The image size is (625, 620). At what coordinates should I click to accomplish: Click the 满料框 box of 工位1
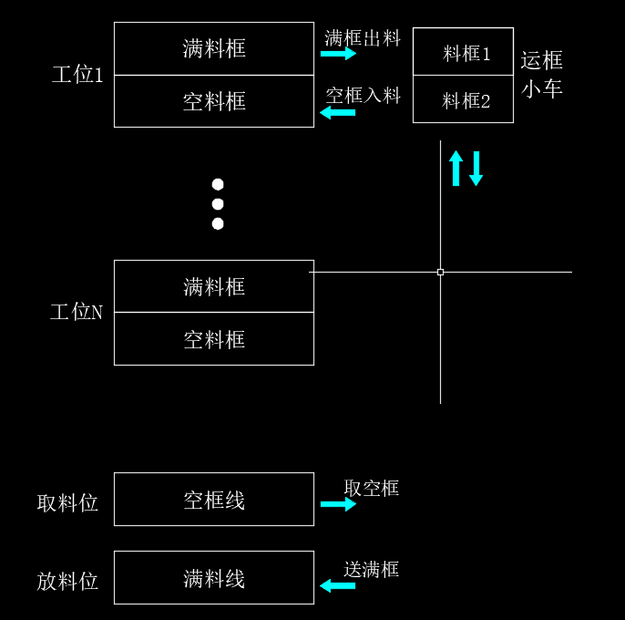point(214,48)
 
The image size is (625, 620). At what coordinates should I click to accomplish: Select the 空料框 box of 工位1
point(214,101)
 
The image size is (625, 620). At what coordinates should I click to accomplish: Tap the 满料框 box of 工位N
point(214,286)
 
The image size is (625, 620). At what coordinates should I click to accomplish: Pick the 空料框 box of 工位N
point(214,339)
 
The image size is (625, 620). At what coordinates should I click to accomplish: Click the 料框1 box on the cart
point(463,53)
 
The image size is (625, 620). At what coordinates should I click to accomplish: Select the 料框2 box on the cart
point(463,100)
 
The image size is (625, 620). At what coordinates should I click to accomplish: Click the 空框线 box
point(214,500)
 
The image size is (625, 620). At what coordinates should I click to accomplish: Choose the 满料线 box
point(214,578)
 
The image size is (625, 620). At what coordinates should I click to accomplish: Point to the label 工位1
point(77,75)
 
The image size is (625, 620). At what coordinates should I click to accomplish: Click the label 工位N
point(77,313)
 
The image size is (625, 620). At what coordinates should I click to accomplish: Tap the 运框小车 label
point(542,75)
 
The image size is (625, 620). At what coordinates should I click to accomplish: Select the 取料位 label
point(67,502)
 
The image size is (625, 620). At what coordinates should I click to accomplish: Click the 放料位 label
point(67,581)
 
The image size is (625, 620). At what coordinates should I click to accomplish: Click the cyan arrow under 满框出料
point(338,54)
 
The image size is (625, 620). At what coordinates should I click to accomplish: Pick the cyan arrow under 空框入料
point(338,113)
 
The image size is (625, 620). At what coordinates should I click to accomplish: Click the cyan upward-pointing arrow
point(456,169)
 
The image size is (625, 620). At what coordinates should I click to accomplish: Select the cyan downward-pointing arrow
point(476,169)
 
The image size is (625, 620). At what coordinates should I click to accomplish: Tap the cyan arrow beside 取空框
point(338,504)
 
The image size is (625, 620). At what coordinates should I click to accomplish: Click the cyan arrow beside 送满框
point(337,585)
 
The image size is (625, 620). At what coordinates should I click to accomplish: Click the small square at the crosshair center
point(440,272)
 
